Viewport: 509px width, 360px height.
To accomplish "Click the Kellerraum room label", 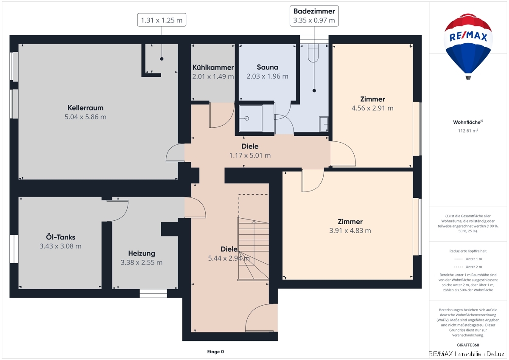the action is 85,107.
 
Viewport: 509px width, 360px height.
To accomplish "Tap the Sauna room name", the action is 268,67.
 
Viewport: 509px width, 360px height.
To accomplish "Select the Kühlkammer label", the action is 213,67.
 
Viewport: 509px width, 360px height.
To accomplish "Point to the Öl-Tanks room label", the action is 60,237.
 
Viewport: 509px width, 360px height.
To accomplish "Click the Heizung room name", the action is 142,253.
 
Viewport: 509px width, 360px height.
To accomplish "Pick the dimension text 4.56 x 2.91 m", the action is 372,108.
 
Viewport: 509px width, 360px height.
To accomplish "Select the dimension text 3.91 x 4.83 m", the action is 350,231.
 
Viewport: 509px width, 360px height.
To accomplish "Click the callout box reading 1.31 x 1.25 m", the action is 162,20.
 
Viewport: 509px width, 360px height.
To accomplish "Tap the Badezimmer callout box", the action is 314,16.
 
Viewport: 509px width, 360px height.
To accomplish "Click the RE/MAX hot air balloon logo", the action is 468,45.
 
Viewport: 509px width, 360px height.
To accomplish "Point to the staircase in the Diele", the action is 253,249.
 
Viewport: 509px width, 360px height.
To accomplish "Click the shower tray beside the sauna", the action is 250,118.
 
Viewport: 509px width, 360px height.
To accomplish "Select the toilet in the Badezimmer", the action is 313,53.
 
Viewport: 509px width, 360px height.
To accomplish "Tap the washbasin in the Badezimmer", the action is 324,124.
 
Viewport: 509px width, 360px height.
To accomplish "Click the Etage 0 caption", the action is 215,352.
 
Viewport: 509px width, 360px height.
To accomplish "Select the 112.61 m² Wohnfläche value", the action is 468,130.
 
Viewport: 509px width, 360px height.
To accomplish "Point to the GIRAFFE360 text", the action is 468,345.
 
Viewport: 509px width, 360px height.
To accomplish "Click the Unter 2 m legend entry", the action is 468,267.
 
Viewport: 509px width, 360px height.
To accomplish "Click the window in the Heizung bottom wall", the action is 153,293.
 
